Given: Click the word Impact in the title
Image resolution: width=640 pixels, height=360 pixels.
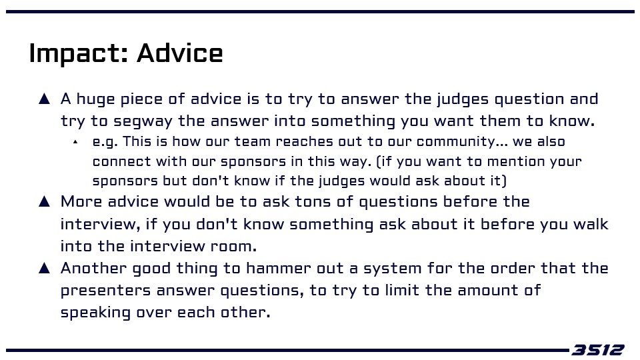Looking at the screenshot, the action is (74, 53).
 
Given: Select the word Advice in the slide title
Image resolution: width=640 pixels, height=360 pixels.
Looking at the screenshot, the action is (179, 53).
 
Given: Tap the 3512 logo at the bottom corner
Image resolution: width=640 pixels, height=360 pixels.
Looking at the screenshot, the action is (597, 350).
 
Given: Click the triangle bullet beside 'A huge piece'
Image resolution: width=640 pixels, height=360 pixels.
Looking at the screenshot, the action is (44, 99).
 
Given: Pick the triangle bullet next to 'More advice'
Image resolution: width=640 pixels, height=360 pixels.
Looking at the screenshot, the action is (44, 201).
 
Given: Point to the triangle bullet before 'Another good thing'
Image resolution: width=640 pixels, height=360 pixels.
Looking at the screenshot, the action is (44, 268).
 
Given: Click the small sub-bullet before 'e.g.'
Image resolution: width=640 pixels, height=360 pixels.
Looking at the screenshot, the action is (75, 142).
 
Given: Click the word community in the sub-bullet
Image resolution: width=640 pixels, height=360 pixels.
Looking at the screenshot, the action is (456, 141).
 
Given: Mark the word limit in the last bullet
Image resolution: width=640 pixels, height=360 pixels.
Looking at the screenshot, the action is (402, 290).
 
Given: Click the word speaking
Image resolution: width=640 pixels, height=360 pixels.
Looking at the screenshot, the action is (95, 313).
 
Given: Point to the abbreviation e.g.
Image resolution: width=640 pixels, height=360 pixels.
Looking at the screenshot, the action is (105, 142).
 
